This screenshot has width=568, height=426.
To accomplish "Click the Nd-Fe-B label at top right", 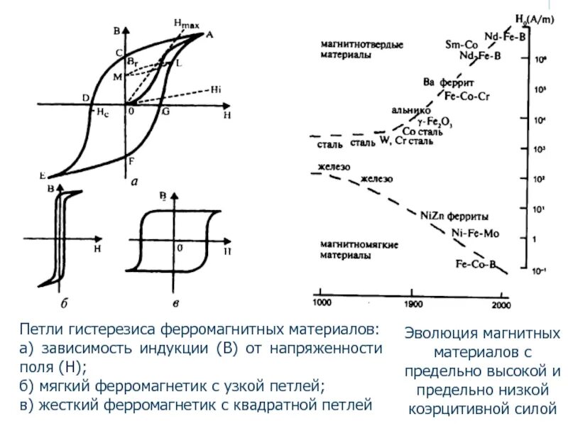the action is [505, 35].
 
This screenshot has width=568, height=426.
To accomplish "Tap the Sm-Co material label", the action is [461, 44].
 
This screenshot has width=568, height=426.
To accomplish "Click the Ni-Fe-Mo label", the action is [476, 232].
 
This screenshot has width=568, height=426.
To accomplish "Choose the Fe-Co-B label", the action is [475, 264].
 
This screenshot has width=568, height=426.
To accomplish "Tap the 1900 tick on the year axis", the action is [412, 303].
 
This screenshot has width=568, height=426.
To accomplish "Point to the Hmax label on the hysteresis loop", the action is [186, 25].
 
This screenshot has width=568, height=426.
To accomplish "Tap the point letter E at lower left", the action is [43, 175].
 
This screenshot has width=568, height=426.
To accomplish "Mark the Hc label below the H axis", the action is [104, 113].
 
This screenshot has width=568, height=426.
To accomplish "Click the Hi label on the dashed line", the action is [216, 89].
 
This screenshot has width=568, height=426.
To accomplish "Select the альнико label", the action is [411, 111].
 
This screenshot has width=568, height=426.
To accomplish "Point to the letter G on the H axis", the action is [165, 111].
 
